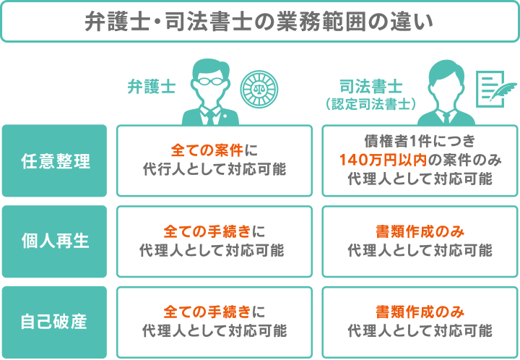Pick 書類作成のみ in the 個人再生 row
[x=420, y=232]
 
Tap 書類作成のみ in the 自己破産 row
[x=420, y=312]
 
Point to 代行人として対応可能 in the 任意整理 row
[x=214, y=171]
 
